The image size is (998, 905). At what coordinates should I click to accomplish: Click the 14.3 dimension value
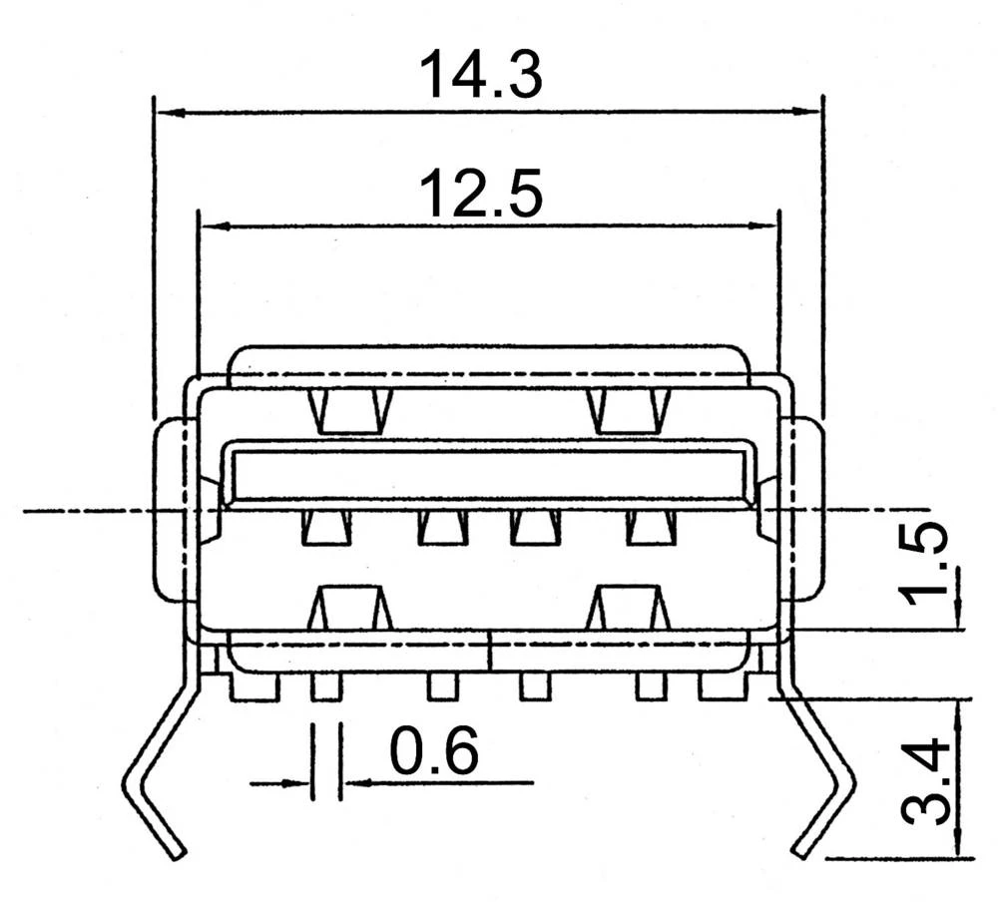coord(481,76)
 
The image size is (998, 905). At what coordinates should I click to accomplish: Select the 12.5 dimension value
coord(481,194)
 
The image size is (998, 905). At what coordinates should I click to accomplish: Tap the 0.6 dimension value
coord(433,753)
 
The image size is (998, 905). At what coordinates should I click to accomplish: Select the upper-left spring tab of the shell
coord(349,410)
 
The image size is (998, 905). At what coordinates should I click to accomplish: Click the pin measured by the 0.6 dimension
coord(326,686)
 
